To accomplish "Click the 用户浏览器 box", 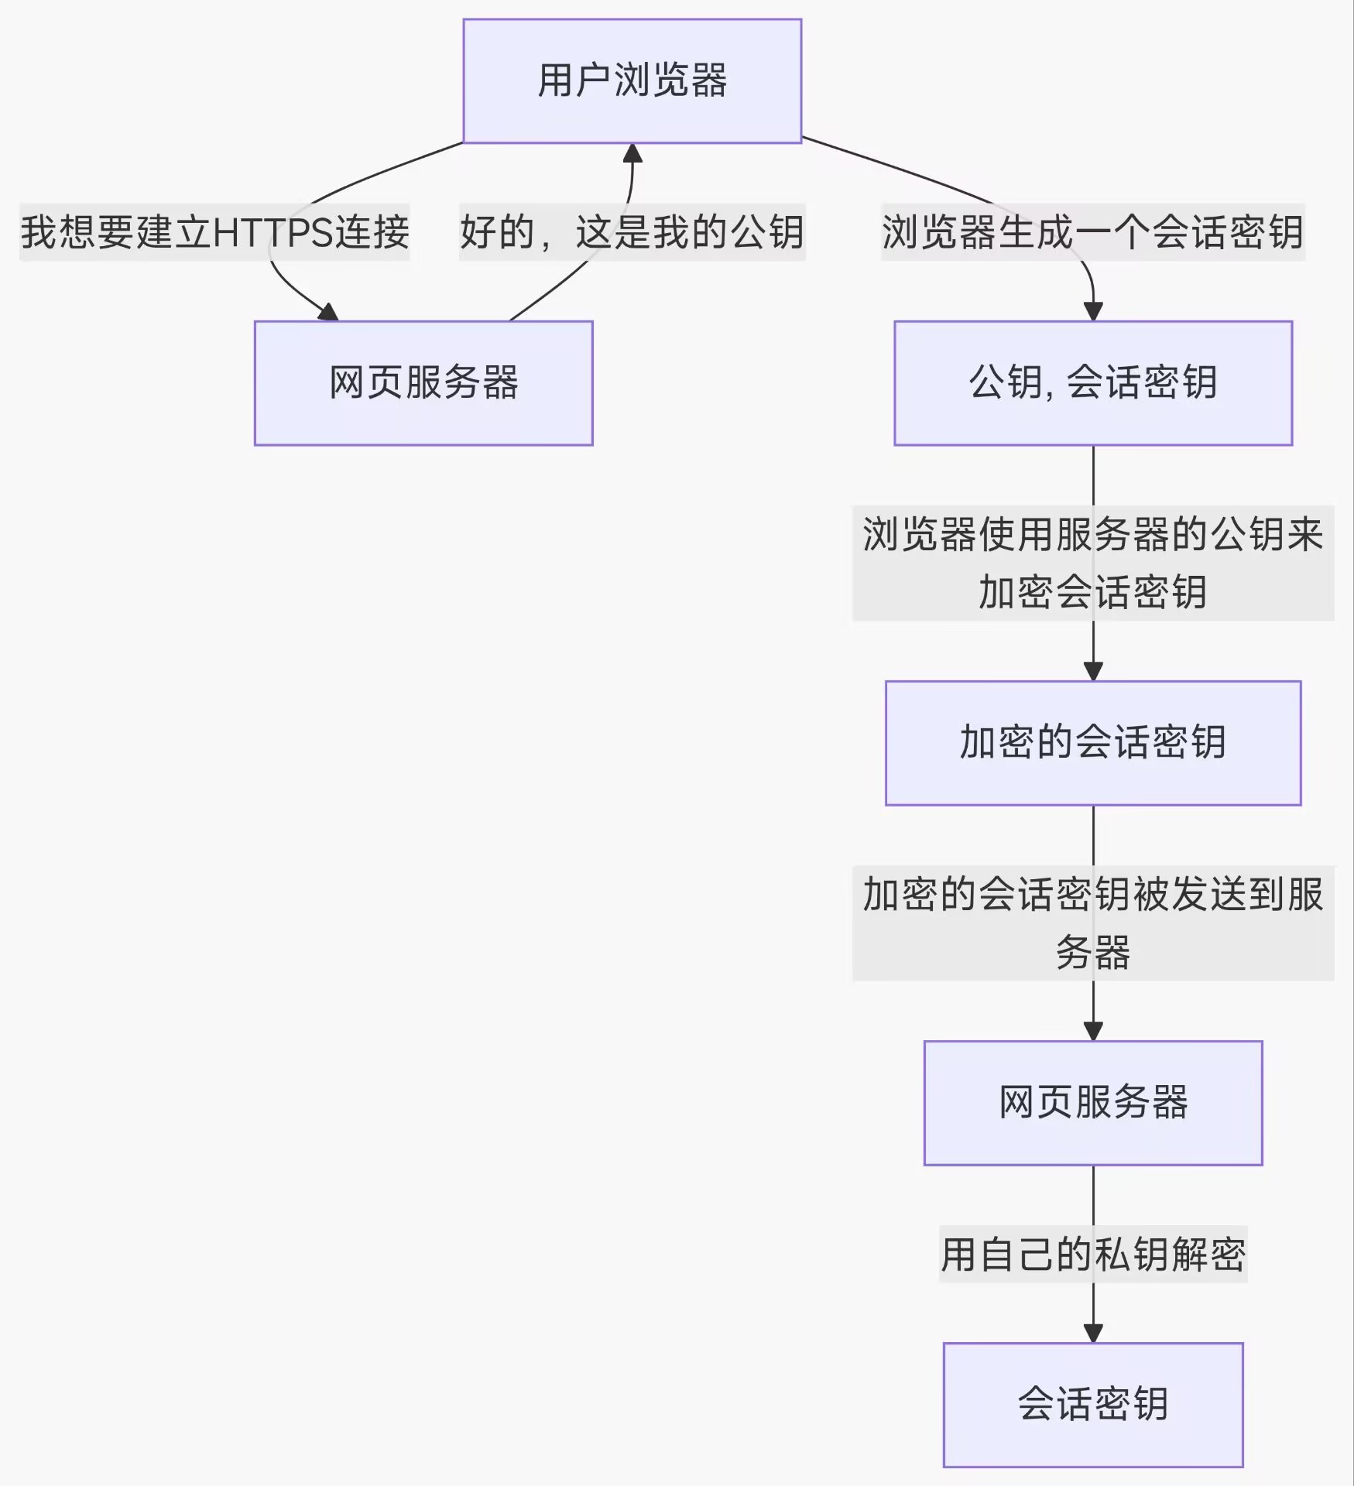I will (632, 81).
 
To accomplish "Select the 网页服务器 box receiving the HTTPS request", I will (423, 383).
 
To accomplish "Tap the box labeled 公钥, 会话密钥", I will (1092, 383).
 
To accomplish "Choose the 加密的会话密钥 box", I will (1092, 743).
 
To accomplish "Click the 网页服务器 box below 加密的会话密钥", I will (1092, 1103).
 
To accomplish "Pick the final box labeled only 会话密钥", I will (1092, 1405).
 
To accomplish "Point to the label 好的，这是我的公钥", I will (632, 232).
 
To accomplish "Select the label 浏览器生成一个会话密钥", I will (1092, 232).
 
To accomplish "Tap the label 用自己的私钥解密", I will (1092, 1255).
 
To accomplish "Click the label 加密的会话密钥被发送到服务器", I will (1092, 923).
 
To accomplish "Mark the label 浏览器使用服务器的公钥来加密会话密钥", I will (1092, 563).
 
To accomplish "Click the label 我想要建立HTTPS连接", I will (214, 232).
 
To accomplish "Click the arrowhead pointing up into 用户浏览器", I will (632, 152).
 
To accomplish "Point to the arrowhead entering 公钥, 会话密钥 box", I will (1092, 311).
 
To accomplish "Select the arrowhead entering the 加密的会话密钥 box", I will (1092, 671).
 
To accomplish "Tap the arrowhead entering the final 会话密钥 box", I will (1092, 1333).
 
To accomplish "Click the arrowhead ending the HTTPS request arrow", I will (329, 313).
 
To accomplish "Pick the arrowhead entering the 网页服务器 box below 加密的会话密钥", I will (1092, 1031).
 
